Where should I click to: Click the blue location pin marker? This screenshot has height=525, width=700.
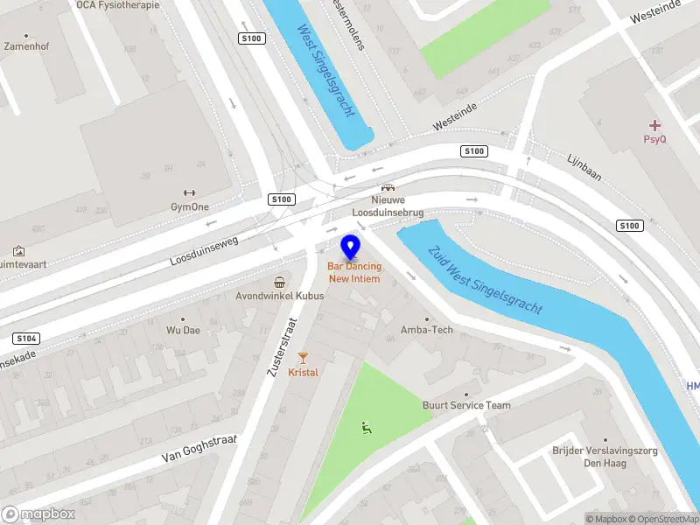click(x=351, y=247)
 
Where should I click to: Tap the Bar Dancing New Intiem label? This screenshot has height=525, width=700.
click(x=353, y=272)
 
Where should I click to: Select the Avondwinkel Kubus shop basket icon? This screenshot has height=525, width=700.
click(x=279, y=282)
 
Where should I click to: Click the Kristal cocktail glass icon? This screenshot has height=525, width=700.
click(x=303, y=357)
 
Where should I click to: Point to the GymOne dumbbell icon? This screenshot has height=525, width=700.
click(x=189, y=193)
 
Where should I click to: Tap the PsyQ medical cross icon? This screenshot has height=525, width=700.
click(x=654, y=125)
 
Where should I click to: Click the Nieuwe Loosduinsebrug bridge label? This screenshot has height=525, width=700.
click(x=387, y=206)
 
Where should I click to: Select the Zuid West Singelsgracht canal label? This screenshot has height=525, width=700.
click(x=486, y=279)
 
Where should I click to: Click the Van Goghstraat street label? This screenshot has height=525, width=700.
click(x=199, y=446)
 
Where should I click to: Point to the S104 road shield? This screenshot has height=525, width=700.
click(x=26, y=338)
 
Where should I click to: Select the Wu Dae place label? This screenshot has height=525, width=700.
click(x=183, y=331)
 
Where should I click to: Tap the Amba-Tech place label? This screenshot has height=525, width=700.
click(x=427, y=330)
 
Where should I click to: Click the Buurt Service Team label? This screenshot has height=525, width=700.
click(x=466, y=405)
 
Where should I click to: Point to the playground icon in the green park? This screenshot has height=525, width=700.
click(x=366, y=427)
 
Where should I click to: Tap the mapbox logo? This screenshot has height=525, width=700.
click(x=38, y=514)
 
